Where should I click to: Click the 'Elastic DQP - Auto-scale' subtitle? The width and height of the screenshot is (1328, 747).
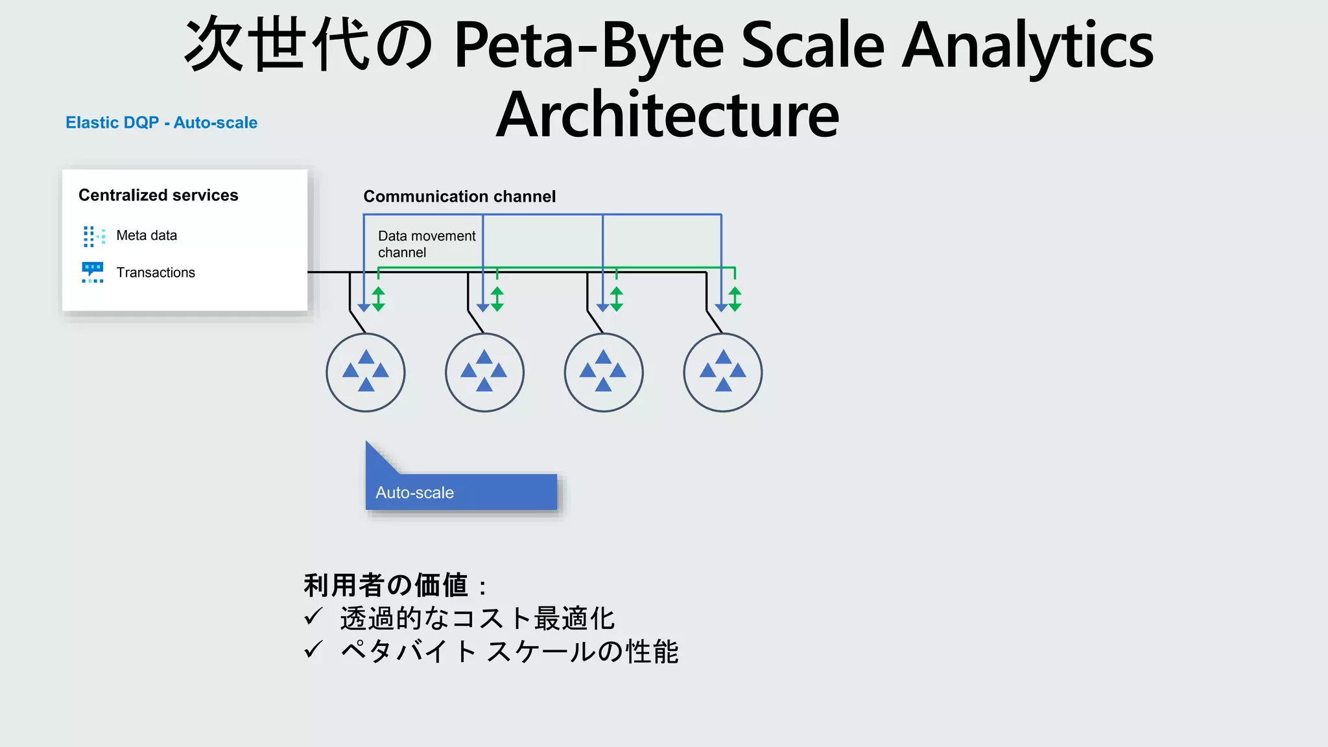pos(161,123)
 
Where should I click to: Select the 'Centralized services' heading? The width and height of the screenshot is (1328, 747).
pos(158,195)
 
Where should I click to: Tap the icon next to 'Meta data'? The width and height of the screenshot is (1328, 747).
pos(93,236)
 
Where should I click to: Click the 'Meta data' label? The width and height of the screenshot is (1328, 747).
pos(147,235)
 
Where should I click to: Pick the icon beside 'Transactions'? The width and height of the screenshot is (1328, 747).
pos(93,272)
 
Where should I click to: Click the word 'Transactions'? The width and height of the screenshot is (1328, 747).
pos(156,272)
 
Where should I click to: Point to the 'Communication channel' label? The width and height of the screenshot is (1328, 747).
pos(459,196)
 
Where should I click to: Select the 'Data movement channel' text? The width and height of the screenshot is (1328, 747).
pos(426,244)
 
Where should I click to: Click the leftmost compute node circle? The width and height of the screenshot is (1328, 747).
pos(366,372)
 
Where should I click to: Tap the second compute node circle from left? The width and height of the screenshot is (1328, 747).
pos(484,372)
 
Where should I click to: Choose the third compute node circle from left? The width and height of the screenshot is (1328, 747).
pos(604,372)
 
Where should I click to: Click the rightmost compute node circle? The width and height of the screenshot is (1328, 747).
pos(723,372)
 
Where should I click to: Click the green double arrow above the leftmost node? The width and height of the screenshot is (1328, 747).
pos(379,299)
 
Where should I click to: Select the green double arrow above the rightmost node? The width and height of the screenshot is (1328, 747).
pos(735,299)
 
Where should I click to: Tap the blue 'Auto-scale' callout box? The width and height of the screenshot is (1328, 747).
pos(461,492)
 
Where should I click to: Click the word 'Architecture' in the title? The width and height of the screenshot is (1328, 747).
pos(668,115)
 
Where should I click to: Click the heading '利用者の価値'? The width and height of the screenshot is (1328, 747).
pos(386,585)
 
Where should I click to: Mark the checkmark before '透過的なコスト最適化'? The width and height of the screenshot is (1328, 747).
pos(314,617)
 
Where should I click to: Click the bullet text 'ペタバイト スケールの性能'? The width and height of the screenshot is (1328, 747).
pos(510,652)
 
